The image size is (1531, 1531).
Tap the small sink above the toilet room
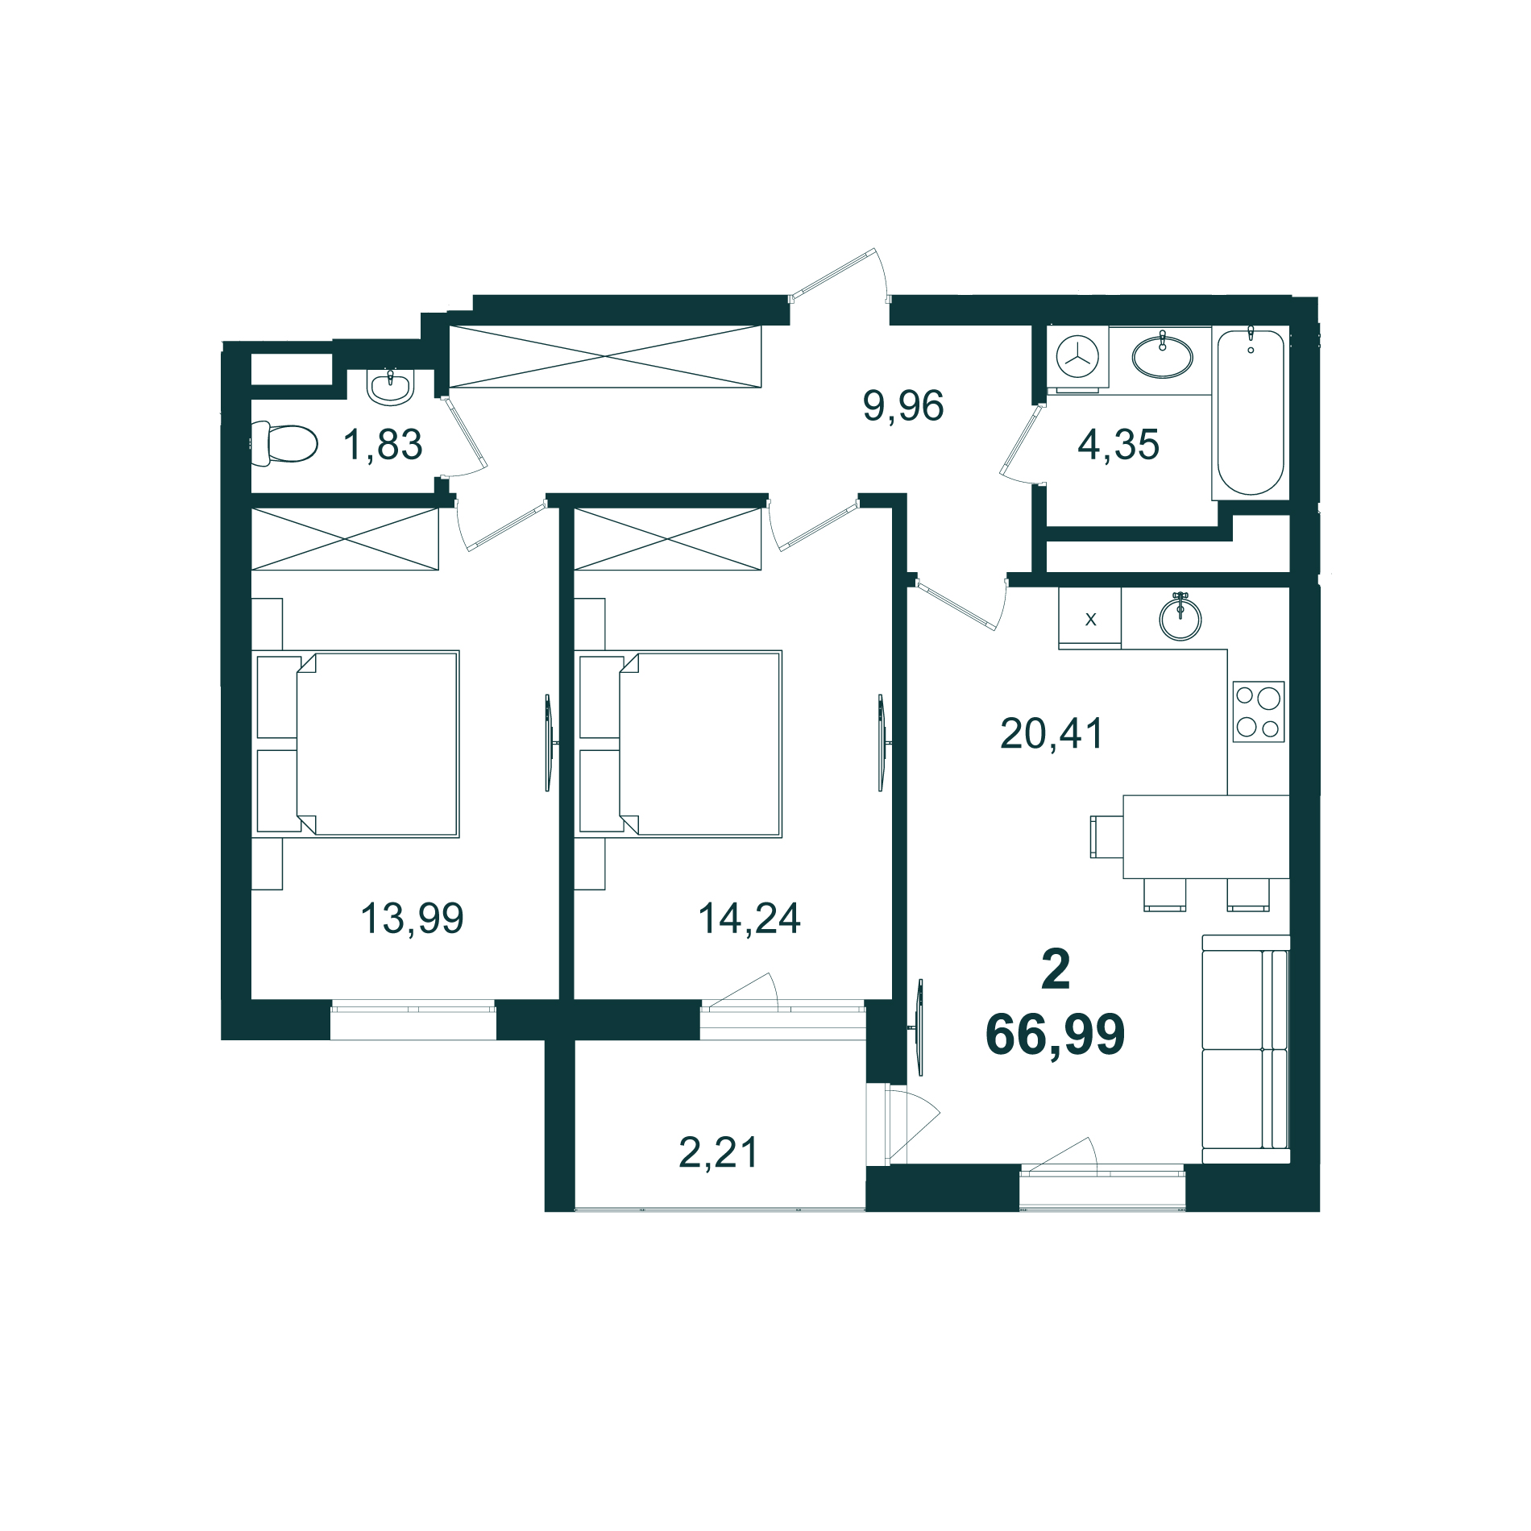391,387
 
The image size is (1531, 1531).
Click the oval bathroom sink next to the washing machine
1162,356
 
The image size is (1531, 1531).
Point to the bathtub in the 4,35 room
1250,413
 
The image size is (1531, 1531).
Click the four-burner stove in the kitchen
1258,712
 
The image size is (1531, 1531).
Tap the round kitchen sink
1180,619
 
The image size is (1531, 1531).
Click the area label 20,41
1052,734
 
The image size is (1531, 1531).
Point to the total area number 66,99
1055,1035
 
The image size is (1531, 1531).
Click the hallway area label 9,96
902,405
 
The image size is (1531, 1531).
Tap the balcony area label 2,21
719,1152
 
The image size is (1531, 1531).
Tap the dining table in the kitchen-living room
1205,836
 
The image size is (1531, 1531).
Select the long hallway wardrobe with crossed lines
604,356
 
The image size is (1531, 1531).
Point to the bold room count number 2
1055,970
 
